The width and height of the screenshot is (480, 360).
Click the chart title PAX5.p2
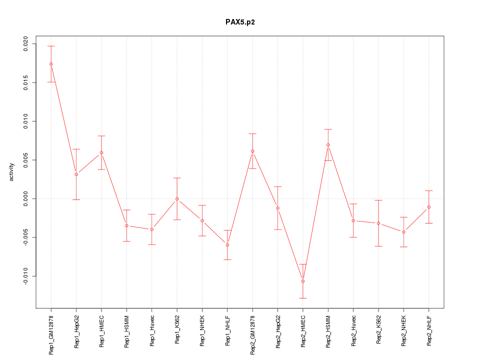point(240,22)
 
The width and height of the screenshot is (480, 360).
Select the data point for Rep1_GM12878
point(51,64)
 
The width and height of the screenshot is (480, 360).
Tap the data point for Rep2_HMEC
point(303,281)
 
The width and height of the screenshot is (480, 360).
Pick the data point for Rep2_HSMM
point(328,145)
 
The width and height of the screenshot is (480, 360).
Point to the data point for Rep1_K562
point(177,199)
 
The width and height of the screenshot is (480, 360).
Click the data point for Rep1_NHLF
point(227,245)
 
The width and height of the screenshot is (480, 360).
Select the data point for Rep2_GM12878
point(252,151)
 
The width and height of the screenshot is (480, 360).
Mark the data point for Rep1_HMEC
point(101,152)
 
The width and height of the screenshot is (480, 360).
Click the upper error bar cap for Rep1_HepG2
point(76,149)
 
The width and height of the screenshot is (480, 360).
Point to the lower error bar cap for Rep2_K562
point(378,246)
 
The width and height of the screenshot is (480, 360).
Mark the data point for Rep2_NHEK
point(403,232)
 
